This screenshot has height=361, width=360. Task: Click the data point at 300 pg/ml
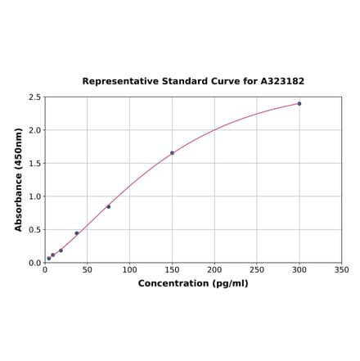tap(299, 104)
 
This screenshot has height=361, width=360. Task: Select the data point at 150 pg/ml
tap(172, 153)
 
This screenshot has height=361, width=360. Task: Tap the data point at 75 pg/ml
tap(108, 207)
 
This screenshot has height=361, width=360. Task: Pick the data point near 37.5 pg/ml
tap(77, 233)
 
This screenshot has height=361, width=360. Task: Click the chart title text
tap(193, 82)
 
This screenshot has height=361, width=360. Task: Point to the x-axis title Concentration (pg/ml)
tap(193, 283)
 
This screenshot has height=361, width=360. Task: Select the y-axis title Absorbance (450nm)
tap(19, 179)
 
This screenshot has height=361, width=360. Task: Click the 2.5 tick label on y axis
tap(35, 97)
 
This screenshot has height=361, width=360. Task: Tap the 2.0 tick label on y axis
tap(35, 130)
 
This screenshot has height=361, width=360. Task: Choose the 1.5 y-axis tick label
tap(35, 164)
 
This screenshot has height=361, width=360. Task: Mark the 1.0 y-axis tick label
tap(35, 196)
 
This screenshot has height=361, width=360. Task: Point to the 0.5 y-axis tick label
tap(35, 230)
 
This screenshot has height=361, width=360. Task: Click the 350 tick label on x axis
tap(342, 269)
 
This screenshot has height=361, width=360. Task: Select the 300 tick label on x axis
tap(299, 269)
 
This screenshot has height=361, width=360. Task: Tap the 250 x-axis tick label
tap(257, 269)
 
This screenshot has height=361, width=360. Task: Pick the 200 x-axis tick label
tap(214, 269)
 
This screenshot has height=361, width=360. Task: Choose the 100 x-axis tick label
tap(129, 269)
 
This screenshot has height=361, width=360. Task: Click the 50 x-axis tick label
tap(88, 269)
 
